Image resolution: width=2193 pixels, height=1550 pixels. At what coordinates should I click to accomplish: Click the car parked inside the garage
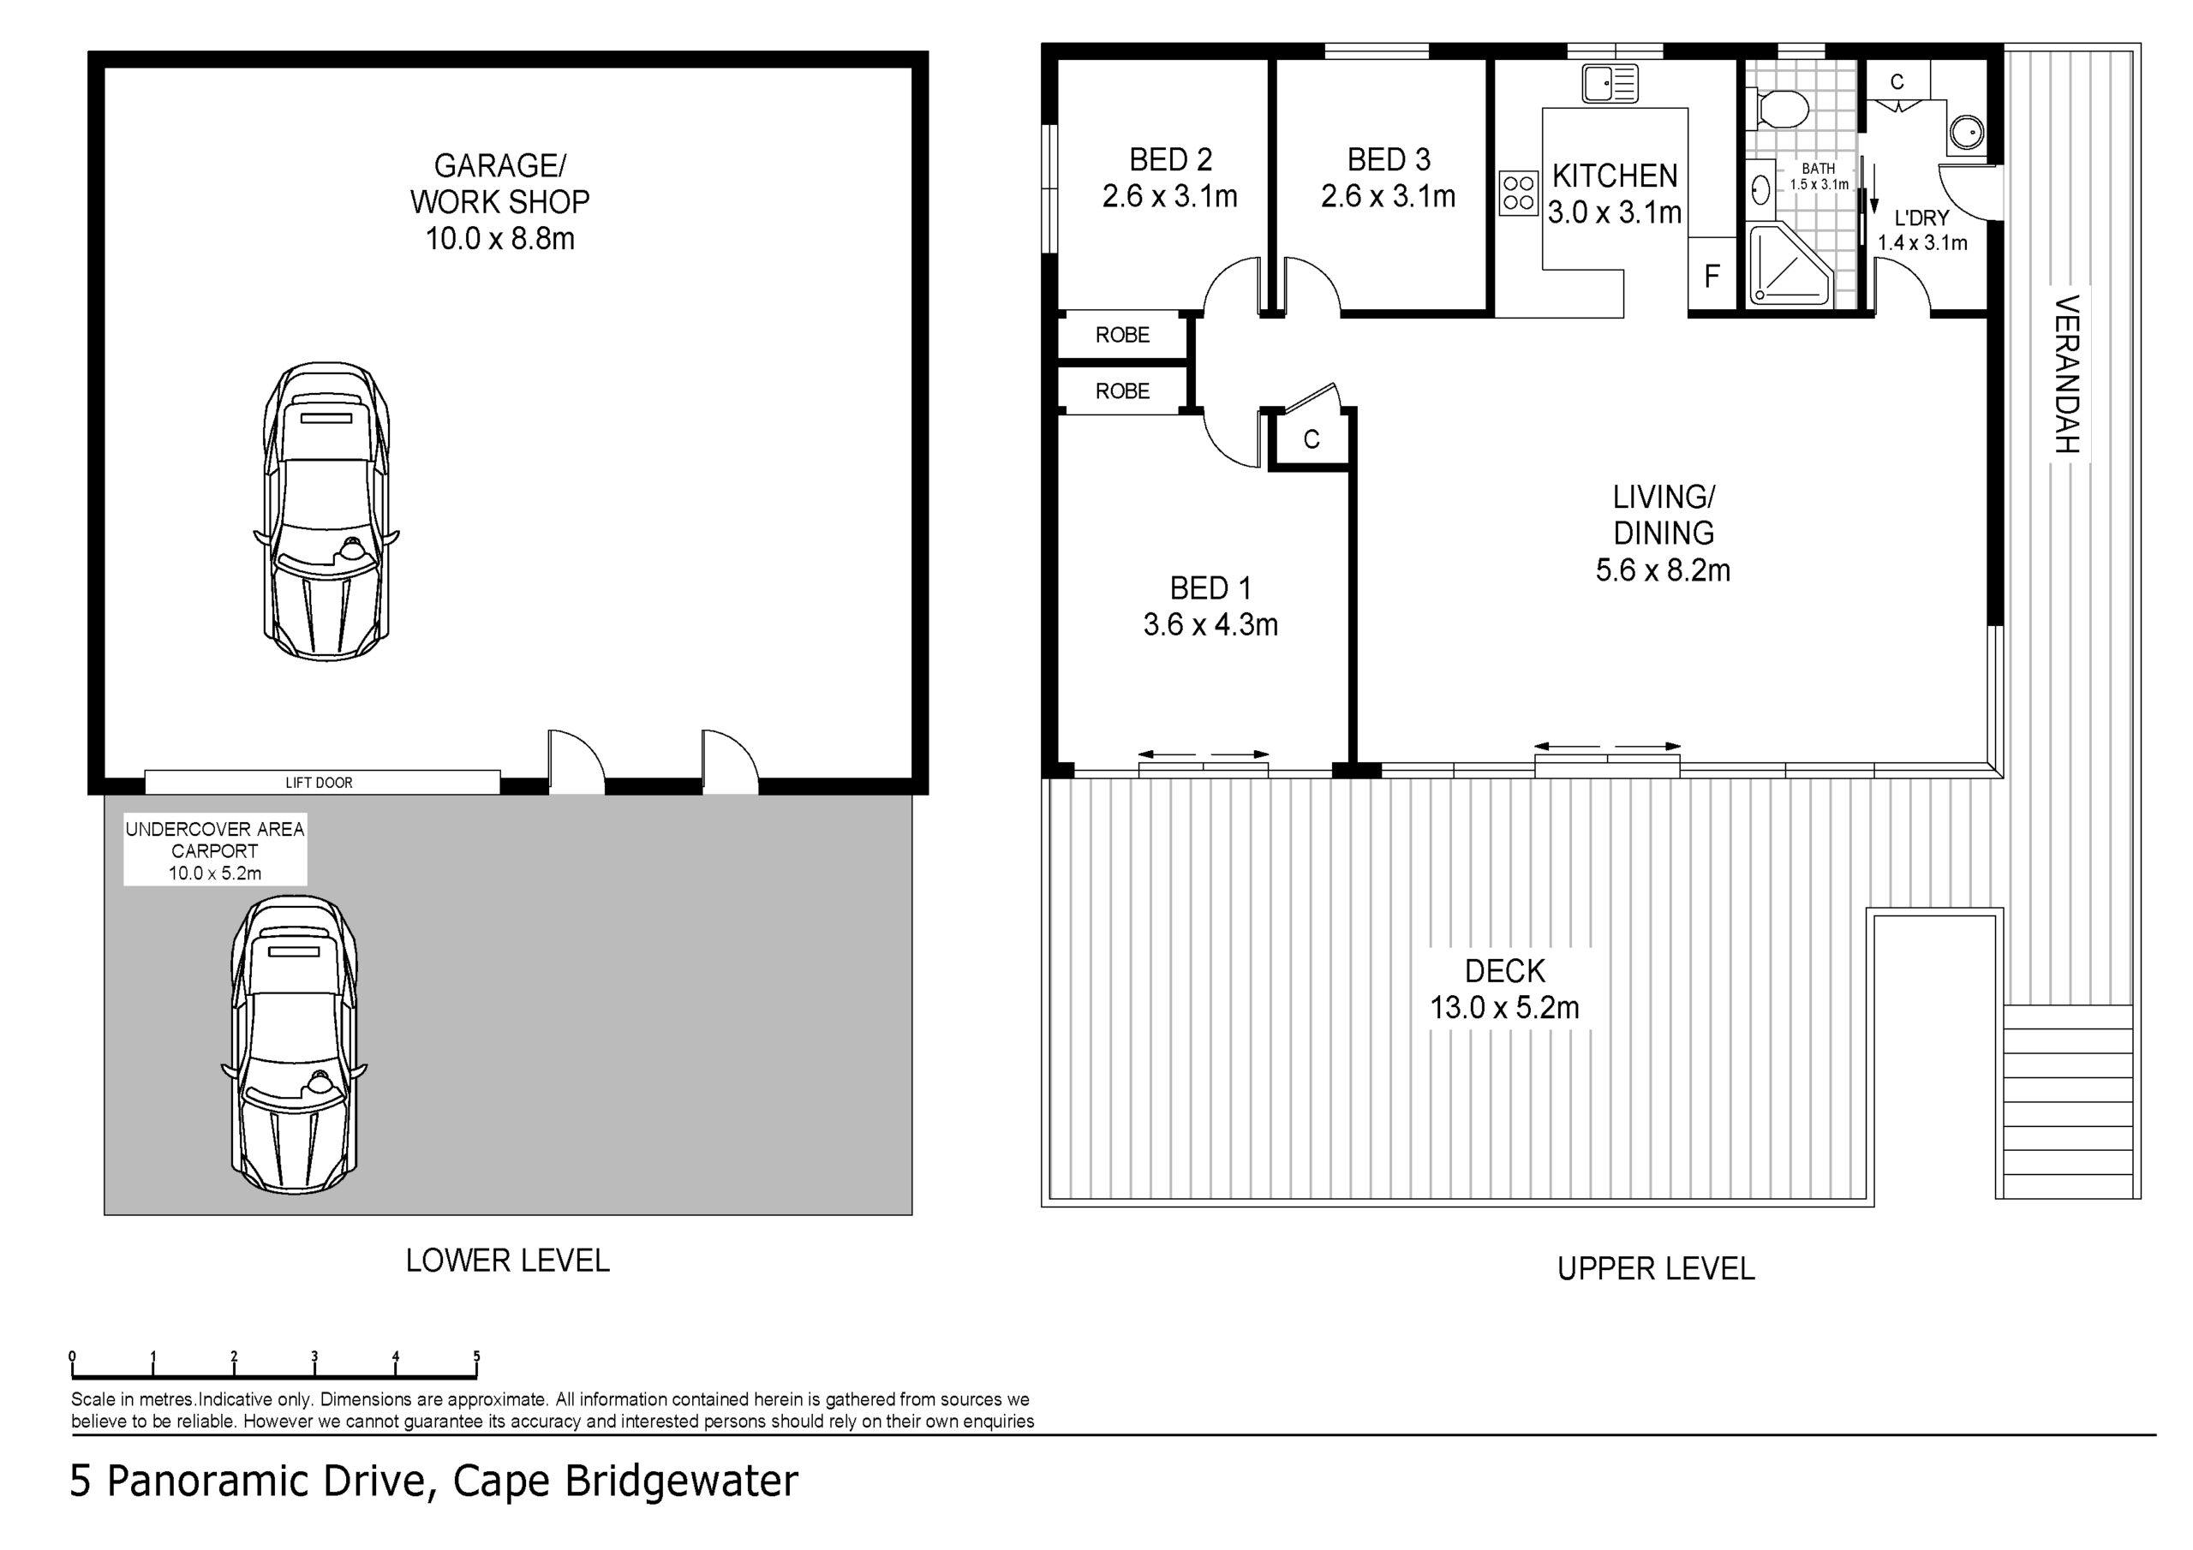click(x=326, y=513)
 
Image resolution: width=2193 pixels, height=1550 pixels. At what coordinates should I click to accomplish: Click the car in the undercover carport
click(x=294, y=1045)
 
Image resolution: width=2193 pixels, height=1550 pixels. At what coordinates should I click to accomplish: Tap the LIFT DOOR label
click(x=319, y=783)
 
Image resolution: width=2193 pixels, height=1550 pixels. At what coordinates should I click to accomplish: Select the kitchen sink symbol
click(x=1610, y=83)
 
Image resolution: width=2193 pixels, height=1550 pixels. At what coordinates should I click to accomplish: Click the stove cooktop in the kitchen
click(x=1518, y=192)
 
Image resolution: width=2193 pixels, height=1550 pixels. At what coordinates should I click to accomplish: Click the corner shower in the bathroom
click(x=1789, y=265)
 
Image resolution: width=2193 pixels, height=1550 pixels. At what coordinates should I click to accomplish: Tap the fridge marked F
click(x=1712, y=275)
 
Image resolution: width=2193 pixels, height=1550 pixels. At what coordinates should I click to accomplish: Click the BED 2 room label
click(x=1170, y=159)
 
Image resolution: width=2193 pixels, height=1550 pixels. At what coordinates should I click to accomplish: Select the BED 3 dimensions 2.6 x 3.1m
click(x=1388, y=197)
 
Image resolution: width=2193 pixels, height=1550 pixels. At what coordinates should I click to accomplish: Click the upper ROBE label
click(x=1122, y=335)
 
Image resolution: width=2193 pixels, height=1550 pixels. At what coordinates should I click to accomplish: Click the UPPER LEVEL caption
click(x=1655, y=1268)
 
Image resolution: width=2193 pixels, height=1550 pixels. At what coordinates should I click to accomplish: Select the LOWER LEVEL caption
click(x=507, y=1261)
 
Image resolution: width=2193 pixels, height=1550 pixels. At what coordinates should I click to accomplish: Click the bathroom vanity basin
click(x=1761, y=190)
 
